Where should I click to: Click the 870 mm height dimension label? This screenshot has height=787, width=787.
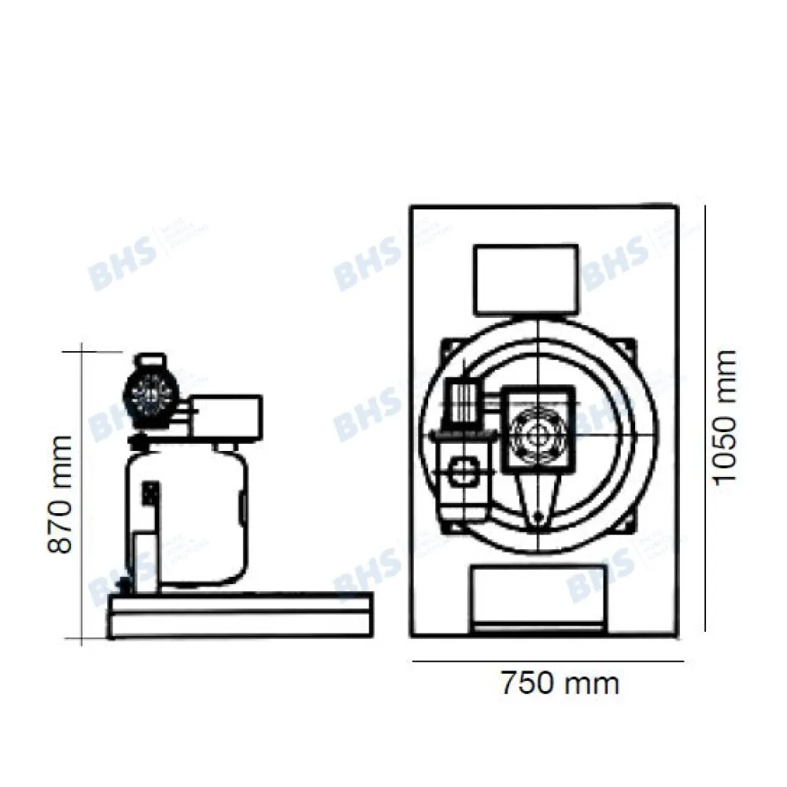pos(61,493)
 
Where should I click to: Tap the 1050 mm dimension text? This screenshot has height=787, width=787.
pos(722,418)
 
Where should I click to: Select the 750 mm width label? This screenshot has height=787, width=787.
pos(560,682)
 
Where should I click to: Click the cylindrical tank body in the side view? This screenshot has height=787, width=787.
pos(189,512)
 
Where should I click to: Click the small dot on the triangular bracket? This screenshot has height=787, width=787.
pos(538,517)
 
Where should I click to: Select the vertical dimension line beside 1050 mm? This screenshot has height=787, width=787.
pos(704,417)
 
